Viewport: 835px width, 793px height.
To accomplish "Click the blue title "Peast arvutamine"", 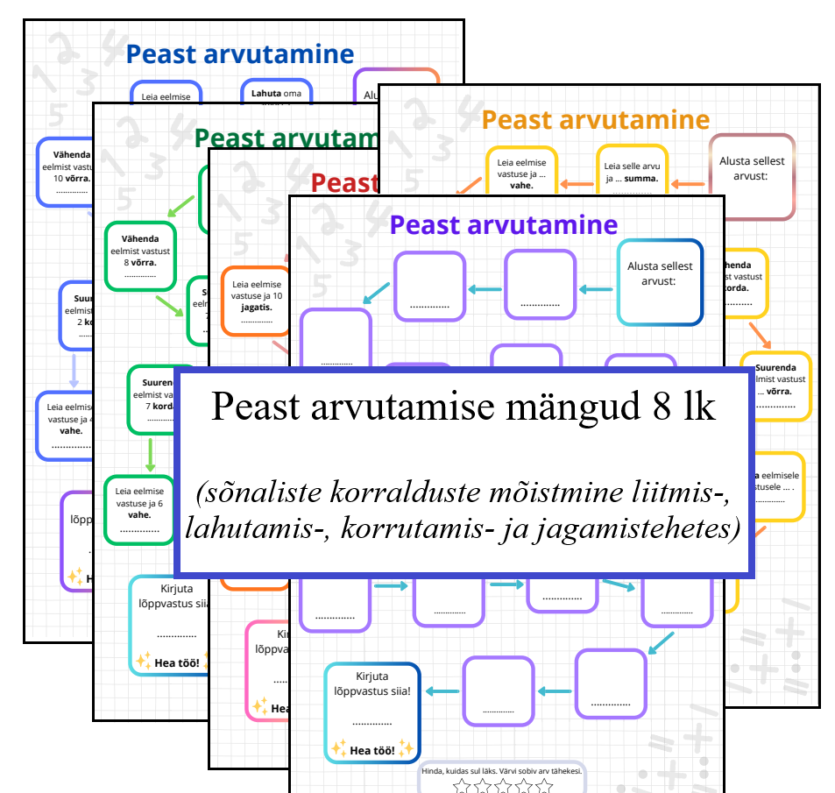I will click(x=240, y=54).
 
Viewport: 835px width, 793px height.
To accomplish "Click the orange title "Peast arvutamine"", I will click(x=596, y=119).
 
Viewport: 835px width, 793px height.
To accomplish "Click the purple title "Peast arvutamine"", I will click(x=504, y=225).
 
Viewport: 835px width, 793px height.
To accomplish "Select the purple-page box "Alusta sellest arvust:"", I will click(x=660, y=282).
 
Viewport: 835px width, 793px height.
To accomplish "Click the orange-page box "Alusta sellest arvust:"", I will click(x=751, y=176).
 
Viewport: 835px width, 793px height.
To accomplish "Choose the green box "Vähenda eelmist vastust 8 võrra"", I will click(x=140, y=256).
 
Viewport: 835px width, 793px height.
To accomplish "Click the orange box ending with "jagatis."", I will click(x=255, y=301).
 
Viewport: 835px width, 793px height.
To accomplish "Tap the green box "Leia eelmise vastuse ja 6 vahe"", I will click(x=138, y=510).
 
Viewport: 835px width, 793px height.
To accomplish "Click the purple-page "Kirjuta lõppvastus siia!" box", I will click(x=372, y=711).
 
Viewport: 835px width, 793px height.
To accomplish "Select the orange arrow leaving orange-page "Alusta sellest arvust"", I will click(x=689, y=184).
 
